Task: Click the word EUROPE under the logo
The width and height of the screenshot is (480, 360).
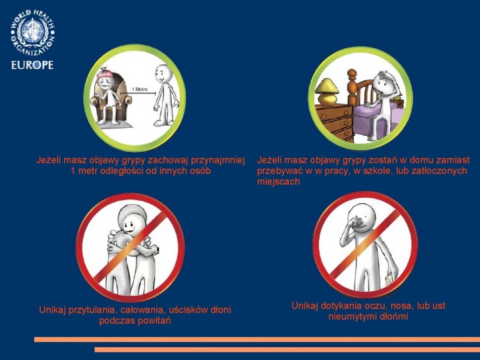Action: (33, 66)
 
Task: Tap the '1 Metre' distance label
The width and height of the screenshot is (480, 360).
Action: (140, 89)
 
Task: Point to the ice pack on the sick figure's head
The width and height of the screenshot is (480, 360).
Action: (106, 72)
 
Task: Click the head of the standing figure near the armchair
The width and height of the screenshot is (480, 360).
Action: (163, 74)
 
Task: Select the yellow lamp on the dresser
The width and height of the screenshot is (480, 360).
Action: (328, 92)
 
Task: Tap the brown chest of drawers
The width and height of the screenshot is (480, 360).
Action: (335, 122)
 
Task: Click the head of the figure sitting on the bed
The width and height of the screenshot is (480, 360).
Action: (384, 83)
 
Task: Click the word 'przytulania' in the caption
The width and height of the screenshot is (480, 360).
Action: (92, 310)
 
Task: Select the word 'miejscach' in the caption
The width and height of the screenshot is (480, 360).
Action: (278, 181)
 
